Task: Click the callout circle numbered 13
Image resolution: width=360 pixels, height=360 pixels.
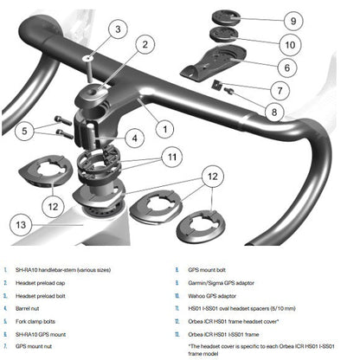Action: [x=25, y=225]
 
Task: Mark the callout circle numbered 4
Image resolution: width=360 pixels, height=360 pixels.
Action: [x=133, y=137]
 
